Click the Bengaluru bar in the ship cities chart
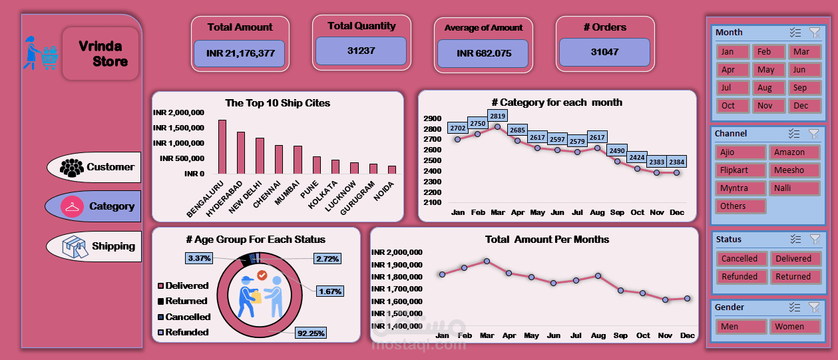click(222, 147)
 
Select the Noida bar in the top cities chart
click(392, 170)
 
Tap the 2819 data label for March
click(497, 115)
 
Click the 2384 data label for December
click(676, 161)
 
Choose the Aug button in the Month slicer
click(765, 88)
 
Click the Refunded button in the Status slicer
click(739, 277)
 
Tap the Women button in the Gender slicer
click(795, 327)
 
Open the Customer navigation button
click(94, 168)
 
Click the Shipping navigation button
click(94, 246)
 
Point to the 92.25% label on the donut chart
click(312, 333)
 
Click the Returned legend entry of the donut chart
click(186, 301)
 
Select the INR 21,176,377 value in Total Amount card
click(240, 53)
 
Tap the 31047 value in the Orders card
click(604, 52)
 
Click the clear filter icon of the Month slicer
click(814, 33)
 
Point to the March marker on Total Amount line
click(487, 261)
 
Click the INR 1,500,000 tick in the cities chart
click(178, 128)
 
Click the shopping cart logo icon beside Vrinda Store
click(41, 53)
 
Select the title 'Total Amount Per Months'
click(547, 240)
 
